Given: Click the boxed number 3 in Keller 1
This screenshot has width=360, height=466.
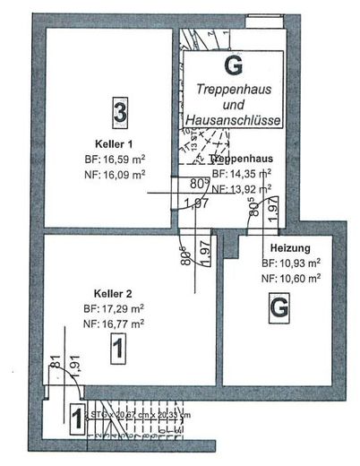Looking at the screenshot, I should pos(117,112).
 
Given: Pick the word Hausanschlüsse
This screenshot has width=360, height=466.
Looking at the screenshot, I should pos(232,118).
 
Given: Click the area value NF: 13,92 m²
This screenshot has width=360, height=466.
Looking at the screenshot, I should pos(240,189).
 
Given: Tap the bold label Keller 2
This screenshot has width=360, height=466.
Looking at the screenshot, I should pos(112,293).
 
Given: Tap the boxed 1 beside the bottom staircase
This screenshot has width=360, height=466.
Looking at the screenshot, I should pos(78,418).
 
